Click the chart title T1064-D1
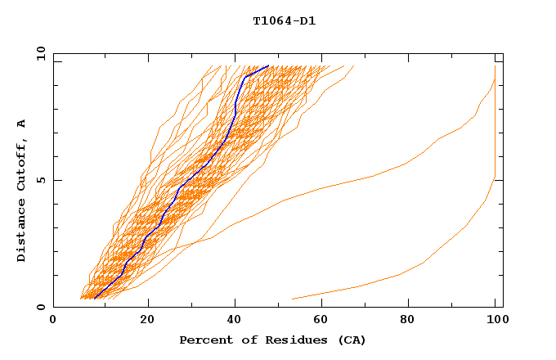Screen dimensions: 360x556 284,21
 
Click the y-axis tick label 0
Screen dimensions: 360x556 40,307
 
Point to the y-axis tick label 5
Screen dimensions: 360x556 40,180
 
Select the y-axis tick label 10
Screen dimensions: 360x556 40,54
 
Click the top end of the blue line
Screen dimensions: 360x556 268,65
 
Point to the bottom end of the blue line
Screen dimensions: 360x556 95,298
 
